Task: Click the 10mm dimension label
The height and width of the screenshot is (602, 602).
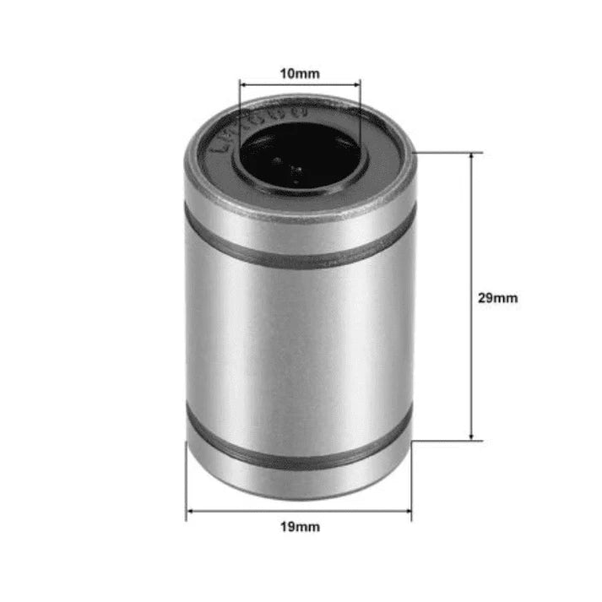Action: [300, 73]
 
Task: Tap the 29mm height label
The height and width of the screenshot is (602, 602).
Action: [497, 298]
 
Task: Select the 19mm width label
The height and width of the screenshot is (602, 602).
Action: [299, 528]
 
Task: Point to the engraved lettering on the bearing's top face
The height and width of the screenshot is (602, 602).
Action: [221, 139]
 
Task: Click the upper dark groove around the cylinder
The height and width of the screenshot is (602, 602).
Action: [300, 252]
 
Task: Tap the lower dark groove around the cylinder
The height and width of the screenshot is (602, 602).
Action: [300, 456]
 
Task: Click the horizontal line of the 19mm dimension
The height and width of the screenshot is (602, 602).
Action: [299, 510]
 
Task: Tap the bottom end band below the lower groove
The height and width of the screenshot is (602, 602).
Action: [300, 480]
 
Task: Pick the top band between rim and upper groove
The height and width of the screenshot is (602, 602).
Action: [300, 224]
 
